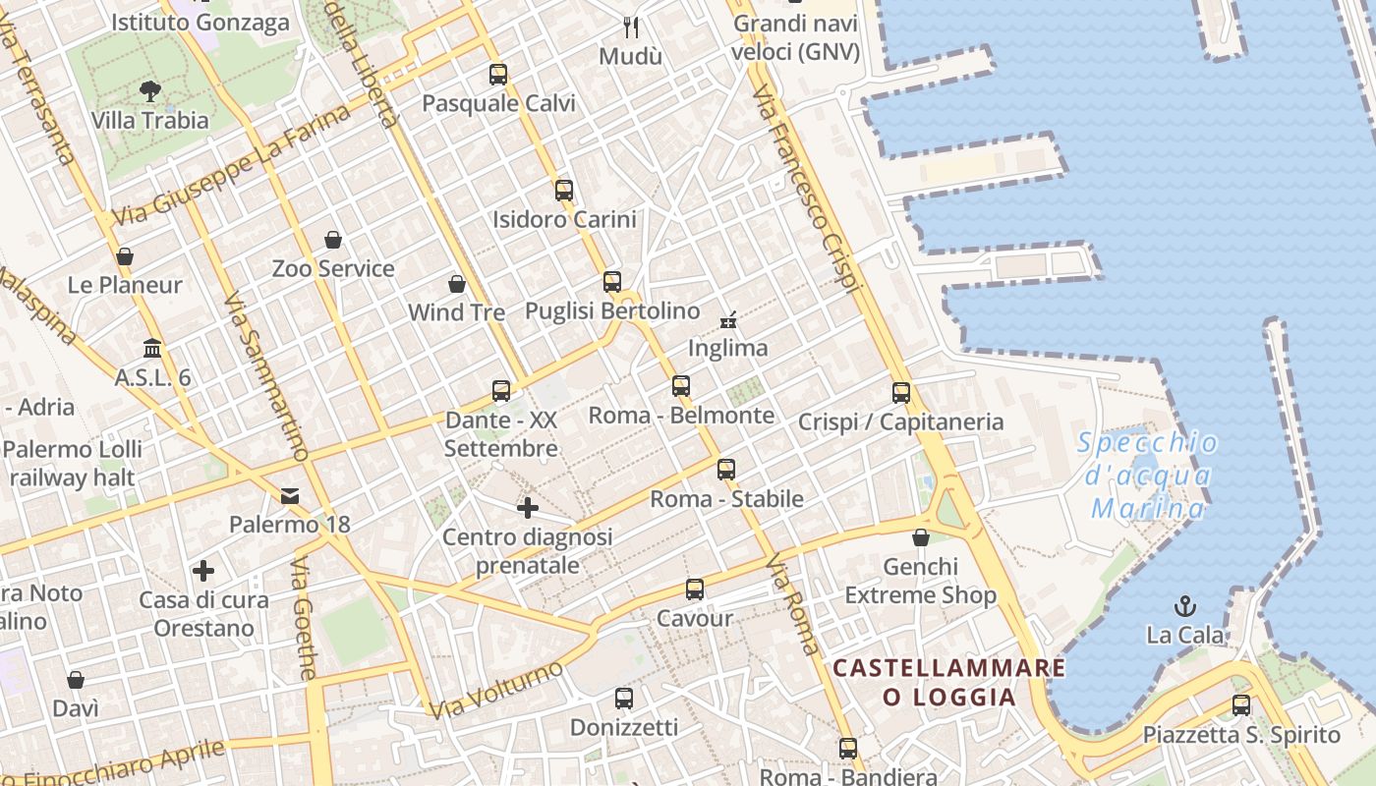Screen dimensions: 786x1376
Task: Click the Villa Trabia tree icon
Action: (150, 92)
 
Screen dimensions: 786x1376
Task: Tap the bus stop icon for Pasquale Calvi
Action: (498, 74)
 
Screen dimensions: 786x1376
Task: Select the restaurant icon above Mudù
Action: (631, 27)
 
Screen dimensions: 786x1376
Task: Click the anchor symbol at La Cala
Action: (1185, 605)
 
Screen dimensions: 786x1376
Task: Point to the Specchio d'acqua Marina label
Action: (1148, 476)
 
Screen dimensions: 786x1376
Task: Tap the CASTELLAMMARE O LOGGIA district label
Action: (948, 682)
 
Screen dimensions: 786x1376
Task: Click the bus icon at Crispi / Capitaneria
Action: (901, 393)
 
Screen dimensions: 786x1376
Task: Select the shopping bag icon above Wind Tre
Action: (457, 285)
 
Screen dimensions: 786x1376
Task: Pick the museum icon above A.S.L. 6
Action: (152, 349)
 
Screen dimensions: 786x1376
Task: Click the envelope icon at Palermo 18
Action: (290, 495)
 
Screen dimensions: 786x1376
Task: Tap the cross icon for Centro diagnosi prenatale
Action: (528, 508)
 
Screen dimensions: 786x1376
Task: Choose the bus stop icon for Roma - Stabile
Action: (726, 470)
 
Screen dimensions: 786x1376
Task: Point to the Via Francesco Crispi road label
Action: (806, 187)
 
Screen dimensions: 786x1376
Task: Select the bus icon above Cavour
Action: (695, 589)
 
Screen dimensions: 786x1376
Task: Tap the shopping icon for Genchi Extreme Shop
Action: (921, 537)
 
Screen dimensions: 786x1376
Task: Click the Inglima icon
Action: (728, 319)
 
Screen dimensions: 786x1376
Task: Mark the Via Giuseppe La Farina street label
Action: (231, 165)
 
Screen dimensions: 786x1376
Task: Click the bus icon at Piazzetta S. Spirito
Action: (1241, 705)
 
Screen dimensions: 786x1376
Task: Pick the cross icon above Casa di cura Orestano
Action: (203, 571)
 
